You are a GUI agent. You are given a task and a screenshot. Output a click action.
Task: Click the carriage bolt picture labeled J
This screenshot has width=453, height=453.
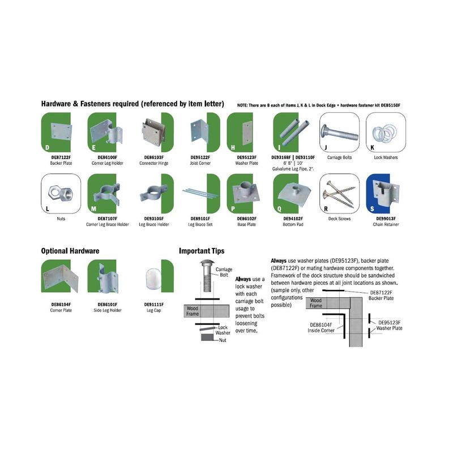[339, 133]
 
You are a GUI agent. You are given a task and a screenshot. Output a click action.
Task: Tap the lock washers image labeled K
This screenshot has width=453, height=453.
[386, 133]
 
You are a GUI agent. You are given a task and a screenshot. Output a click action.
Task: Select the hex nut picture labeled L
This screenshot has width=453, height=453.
[61, 194]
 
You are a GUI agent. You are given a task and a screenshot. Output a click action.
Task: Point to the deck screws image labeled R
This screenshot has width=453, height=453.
[339, 194]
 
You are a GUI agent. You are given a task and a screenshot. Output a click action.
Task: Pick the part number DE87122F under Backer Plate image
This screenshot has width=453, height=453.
[61, 157]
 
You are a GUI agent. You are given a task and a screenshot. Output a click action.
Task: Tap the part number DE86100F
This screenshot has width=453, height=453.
[108, 157]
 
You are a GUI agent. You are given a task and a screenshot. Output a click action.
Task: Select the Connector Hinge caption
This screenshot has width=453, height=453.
[153, 163]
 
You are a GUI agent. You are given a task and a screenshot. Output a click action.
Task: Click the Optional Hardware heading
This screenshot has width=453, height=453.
[70, 251]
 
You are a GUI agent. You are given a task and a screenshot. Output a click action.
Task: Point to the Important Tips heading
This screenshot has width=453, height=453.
[202, 251]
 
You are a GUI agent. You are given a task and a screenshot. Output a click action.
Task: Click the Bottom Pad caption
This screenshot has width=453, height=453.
[293, 224]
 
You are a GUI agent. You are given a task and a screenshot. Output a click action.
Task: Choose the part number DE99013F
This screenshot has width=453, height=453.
[386, 219]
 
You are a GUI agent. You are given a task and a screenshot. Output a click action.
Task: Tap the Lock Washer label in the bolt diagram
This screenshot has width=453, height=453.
[223, 330]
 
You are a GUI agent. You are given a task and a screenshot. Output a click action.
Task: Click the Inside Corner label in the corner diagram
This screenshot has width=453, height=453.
[320, 331]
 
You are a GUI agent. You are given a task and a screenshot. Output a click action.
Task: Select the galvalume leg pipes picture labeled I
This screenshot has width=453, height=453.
[292, 133]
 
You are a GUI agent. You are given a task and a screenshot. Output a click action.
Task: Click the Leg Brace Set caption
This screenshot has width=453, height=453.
[200, 224]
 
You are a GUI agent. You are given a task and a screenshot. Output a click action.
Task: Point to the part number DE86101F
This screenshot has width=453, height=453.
[108, 305]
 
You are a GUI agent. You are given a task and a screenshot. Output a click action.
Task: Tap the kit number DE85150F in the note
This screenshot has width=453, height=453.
[390, 105]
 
